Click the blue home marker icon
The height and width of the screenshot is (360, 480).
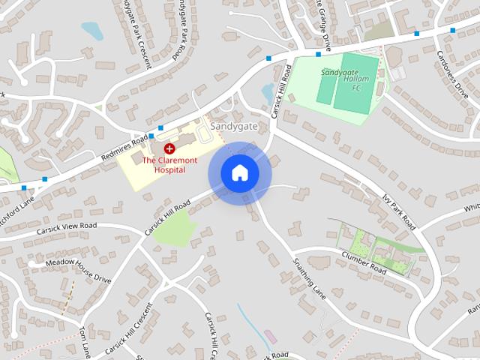pos(239,173)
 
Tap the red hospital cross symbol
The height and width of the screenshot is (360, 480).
pos(169,148)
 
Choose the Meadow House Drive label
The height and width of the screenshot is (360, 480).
pos(78,269)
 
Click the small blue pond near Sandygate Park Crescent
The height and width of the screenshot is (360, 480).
pos(92,31)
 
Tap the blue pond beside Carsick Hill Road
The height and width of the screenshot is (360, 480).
pos(268,93)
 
